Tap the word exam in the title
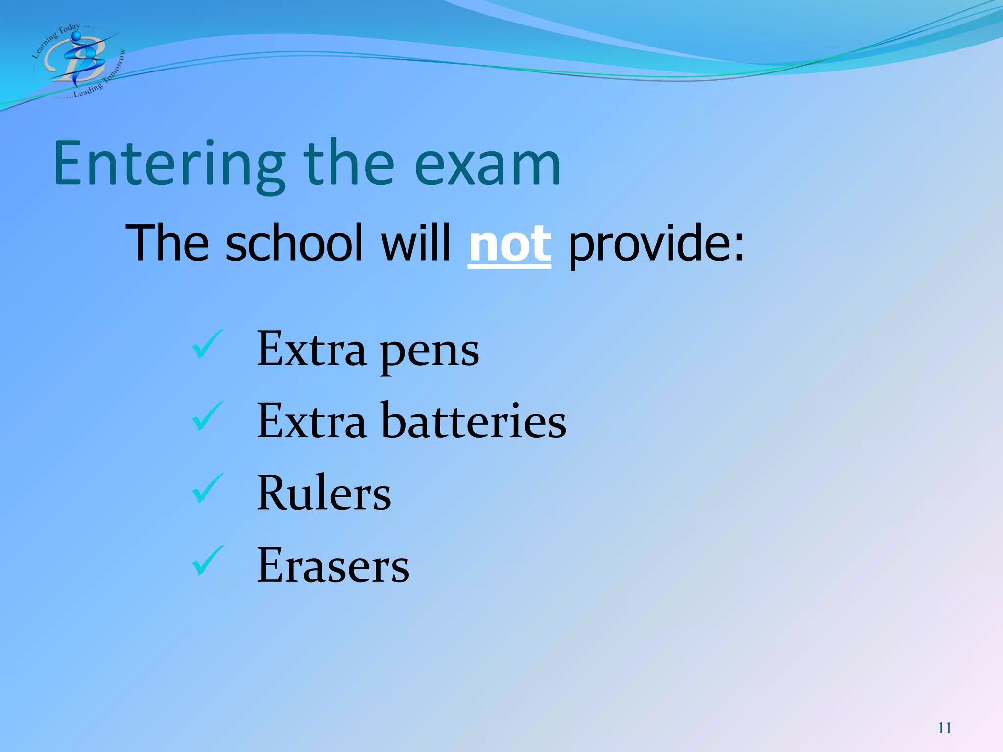click(487, 164)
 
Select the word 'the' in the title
click(349, 164)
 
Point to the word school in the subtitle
click(294, 242)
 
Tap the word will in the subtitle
click(415, 242)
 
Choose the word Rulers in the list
click(324, 493)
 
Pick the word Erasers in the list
click(333, 565)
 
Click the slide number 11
click(945, 728)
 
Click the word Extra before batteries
click(311, 421)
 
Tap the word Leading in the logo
click(88, 90)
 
